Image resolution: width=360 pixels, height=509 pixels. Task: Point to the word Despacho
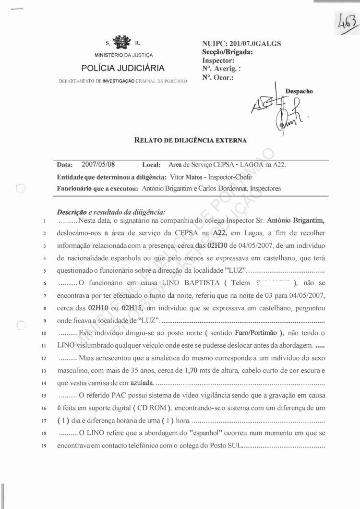[x=299, y=91]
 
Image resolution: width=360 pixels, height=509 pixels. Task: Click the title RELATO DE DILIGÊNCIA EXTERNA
[x=190, y=141]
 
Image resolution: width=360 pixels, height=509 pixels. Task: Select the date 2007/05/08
[x=98, y=165]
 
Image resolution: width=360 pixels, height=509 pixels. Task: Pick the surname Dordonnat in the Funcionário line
[x=230, y=189]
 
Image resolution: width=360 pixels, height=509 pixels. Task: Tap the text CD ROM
[x=152, y=408]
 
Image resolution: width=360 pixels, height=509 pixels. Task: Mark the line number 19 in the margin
[x=43, y=446]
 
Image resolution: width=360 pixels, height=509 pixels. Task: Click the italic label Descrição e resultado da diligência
[x=111, y=211]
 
